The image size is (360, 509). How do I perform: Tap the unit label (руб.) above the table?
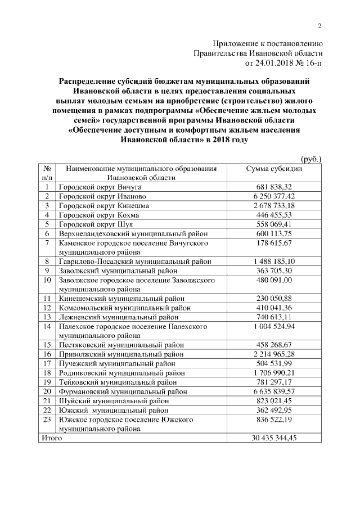point(310,159)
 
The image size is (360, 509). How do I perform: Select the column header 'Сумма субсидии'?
point(274,169)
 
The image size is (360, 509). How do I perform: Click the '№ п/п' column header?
point(48,173)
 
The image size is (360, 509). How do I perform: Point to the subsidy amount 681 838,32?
point(274,187)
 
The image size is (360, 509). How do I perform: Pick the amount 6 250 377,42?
point(274,196)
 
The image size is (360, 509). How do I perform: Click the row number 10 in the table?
point(48,280)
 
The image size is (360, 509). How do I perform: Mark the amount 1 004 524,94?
point(274,326)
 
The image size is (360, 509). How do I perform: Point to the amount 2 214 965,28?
point(274,354)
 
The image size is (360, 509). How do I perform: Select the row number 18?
point(48,372)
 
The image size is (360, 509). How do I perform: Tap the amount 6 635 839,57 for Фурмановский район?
point(274,391)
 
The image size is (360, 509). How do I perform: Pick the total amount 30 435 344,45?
point(274,437)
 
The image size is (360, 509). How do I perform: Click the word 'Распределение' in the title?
point(92,82)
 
